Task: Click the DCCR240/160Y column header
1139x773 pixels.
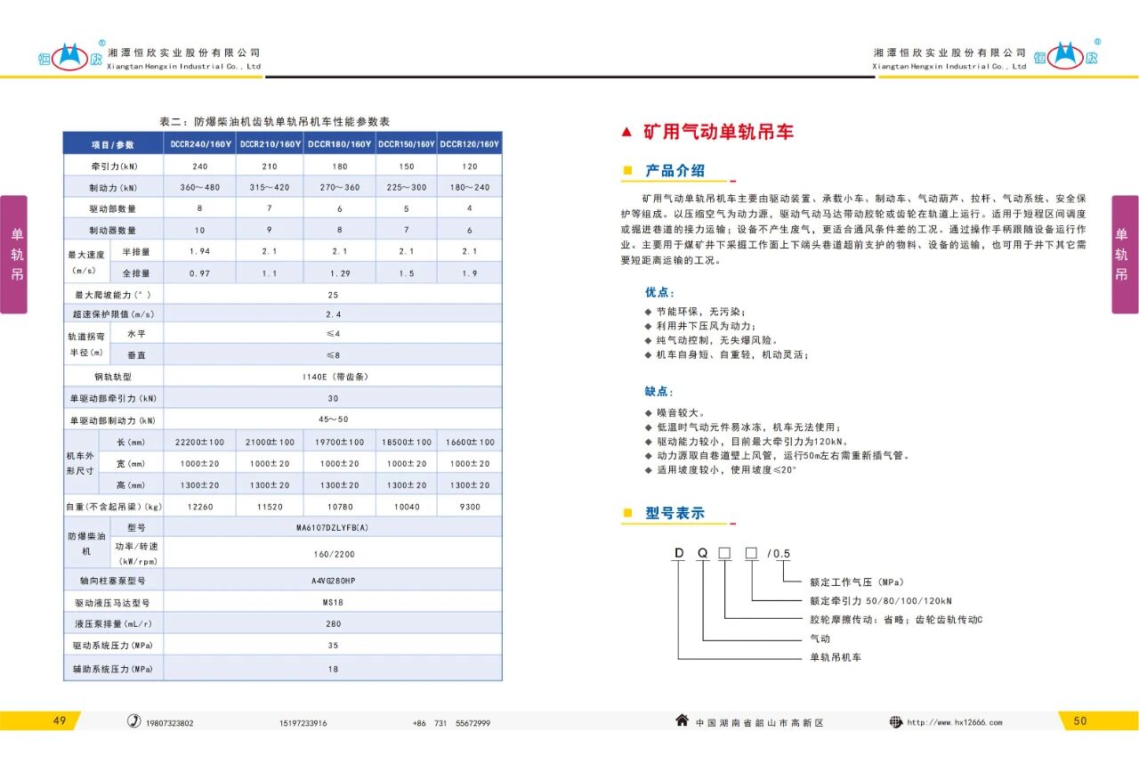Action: pos(200,144)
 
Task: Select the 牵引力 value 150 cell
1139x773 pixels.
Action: pos(406,167)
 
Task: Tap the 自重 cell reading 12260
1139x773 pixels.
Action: pos(199,506)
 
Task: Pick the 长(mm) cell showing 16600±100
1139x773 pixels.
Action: pos(470,442)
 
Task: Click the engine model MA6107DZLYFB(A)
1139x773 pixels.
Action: pos(332,527)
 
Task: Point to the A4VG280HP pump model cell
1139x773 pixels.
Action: pos(332,580)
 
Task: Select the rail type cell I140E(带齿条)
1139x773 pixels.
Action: pos(332,377)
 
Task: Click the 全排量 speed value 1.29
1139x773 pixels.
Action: pos(340,273)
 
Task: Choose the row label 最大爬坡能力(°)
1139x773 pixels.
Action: pos(113,294)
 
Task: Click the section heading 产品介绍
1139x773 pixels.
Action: pos(675,171)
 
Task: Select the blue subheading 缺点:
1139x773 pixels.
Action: pos(659,392)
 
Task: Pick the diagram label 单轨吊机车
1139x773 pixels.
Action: pos(835,657)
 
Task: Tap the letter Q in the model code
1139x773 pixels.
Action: pos(703,553)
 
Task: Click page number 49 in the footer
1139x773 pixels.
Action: pos(60,721)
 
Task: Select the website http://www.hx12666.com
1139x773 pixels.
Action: pos(954,722)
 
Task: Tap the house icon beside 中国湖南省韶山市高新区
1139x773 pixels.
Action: pos(682,721)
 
